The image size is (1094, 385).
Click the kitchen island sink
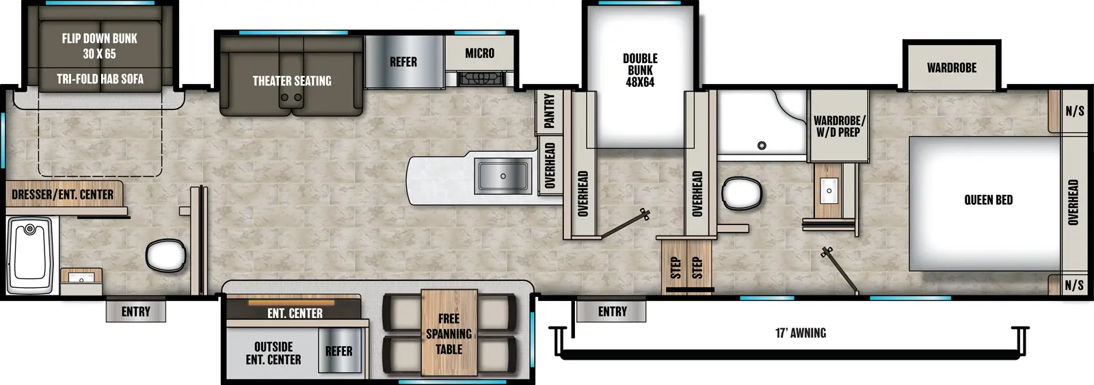coord(503,176)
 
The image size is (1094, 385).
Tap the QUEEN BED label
coord(988,200)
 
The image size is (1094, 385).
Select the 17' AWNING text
coord(800,333)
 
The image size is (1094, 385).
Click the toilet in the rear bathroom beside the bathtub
coord(165,255)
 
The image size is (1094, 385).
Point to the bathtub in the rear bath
coord(29,254)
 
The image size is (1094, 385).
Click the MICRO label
coord(479,53)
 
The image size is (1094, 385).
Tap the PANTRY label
coord(549,111)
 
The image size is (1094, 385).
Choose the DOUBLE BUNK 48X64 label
coord(640,70)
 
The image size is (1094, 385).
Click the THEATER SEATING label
coord(292,81)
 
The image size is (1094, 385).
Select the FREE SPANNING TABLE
coord(449,333)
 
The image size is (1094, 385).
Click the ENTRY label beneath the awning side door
coord(612,311)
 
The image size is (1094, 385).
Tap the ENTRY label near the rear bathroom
coord(135,312)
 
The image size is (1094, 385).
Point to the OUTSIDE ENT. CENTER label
coord(273,353)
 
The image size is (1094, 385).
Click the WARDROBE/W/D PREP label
coord(839,126)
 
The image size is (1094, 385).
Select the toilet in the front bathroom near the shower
coord(742,194)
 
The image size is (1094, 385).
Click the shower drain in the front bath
coord(762,145)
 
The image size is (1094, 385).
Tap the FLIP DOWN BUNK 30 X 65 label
coord(100,46)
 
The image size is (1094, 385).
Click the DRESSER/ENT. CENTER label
coord(62,195)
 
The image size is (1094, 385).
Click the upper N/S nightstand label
coord(1074,111)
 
